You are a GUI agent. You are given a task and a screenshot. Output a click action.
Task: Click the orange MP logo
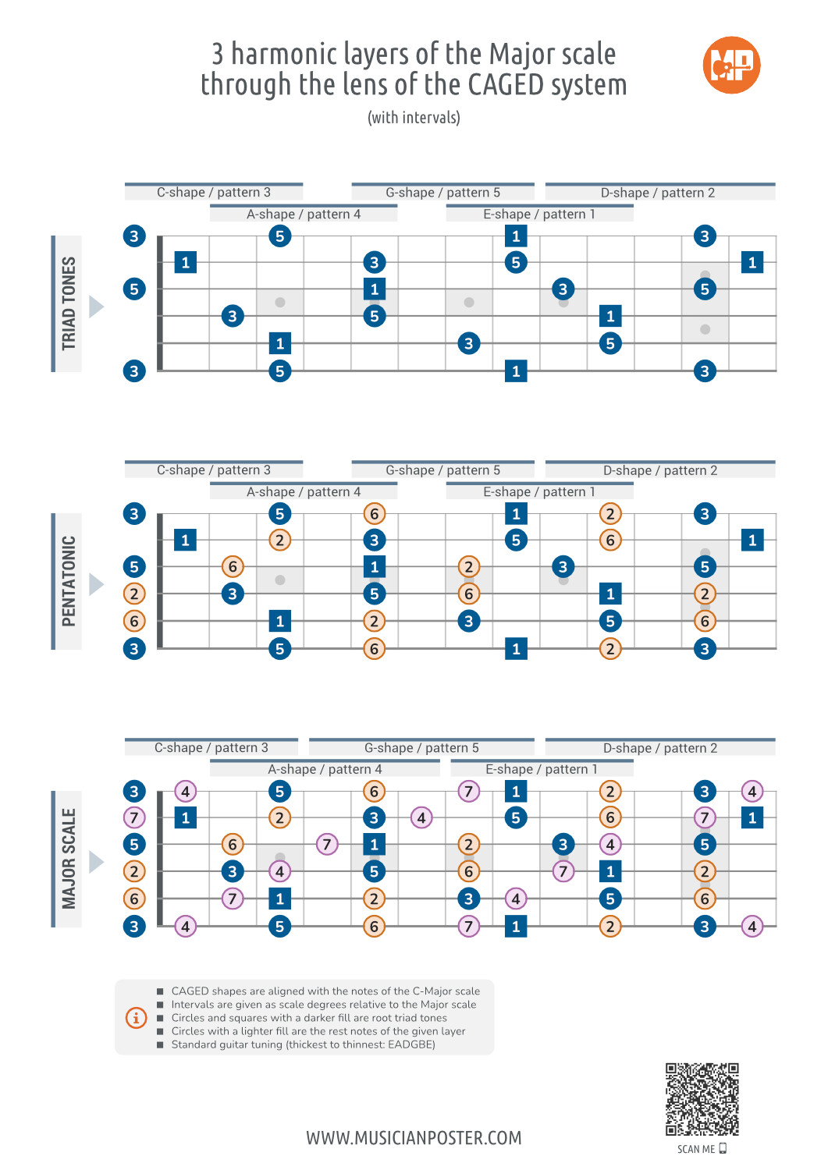[x=731, y=65]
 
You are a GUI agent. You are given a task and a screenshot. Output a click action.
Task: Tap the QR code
[x=702, y=1099]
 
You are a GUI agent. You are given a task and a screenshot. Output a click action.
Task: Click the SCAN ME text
[x=695, y=1149]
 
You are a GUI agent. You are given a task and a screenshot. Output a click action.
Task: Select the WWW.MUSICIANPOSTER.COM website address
[x=414, y=1138]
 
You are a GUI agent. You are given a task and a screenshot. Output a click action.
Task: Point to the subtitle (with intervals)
[x=414, y=118]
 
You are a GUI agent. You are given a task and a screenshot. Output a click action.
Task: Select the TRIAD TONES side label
[x=69, y=303]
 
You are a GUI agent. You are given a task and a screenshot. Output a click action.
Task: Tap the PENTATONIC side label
[x=69, y=581]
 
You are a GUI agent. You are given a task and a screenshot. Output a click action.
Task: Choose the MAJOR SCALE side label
[x=69, y=859]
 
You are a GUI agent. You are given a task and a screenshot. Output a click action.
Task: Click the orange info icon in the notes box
[x=136, y=1018]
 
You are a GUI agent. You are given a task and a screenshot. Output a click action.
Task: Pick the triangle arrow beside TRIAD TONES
[x=96, y=307]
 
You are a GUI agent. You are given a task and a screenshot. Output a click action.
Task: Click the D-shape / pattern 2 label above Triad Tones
[x=658, y=193]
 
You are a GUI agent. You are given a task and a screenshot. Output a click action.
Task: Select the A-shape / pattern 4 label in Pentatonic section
[x=304, y=492]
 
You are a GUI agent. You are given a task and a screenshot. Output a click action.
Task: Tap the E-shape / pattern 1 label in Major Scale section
[x=541, y=770]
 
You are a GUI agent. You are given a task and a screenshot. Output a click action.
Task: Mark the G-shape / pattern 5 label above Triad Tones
[x=442, y=193]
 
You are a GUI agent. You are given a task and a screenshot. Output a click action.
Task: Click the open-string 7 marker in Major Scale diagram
[x=134, y=817]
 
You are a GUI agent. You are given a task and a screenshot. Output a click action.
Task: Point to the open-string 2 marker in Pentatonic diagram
[x=134, y=594]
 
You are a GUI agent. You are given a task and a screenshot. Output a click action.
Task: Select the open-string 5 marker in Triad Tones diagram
[x=134, y=289]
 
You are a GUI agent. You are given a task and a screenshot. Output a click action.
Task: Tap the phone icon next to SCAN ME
[x=723, y=1148]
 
